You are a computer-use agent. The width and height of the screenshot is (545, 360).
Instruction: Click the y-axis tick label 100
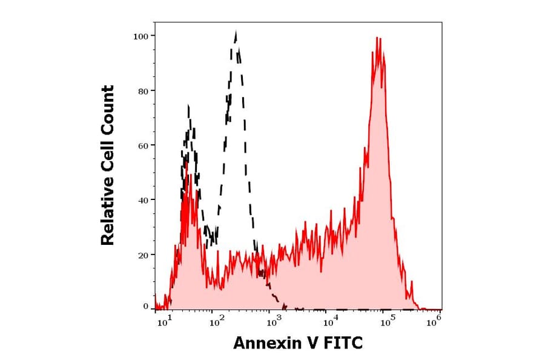[140, 36]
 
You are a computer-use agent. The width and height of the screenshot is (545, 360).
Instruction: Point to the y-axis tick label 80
[142, 91]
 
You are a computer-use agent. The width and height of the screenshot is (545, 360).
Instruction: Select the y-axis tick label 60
[142, 145]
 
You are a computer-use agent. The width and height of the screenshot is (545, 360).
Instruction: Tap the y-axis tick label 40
[142, 200]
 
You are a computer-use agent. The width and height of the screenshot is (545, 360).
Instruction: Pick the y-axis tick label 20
[142, 255]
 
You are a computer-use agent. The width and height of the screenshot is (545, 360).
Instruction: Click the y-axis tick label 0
[145, 307]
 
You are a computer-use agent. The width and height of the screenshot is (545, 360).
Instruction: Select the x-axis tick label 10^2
[216, 322]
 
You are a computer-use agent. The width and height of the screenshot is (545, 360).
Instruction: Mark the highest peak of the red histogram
[377, 38]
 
